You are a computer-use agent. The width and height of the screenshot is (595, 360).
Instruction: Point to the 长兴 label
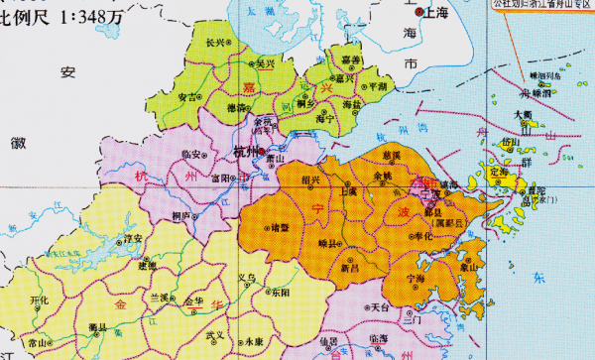[x=215, y=43]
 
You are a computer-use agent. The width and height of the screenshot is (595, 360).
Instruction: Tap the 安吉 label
[x=185, y=97]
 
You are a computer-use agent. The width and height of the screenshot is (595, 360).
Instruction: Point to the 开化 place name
[x=40, y=300]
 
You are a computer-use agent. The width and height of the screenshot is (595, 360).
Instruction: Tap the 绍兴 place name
[x=309, y=180]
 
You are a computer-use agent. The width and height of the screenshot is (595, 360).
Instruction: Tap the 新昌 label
[x=350, y=268]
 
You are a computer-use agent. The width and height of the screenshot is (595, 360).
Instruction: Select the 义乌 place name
[x=248, y=278]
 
